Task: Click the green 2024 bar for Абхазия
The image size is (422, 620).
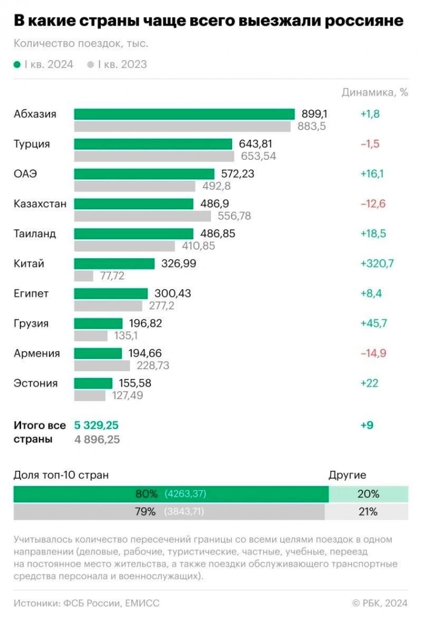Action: (x=184, y=114)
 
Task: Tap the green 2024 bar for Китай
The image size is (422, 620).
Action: (x=114, y=264)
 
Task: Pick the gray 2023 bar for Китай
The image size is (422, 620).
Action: (x=84, y=275)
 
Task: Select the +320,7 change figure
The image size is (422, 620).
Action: (x=377, y=264)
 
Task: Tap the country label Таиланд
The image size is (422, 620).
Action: (x=35, y=234)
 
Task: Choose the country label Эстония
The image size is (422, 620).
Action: (x=36, y=383)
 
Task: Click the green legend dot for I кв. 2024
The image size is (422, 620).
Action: (x=17, y=65)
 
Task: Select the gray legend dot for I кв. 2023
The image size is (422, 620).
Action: (x=91, y=65)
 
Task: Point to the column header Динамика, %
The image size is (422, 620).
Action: (x=375, y=92)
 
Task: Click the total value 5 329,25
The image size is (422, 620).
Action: (x=96, y=426)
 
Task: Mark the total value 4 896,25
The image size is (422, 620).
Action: (x=97, y=440)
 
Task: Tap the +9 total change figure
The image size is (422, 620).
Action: (x=367, y=426)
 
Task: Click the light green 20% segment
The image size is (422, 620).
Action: (x=368, y=494)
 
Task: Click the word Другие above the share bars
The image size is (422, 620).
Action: (x=347, y=475)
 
